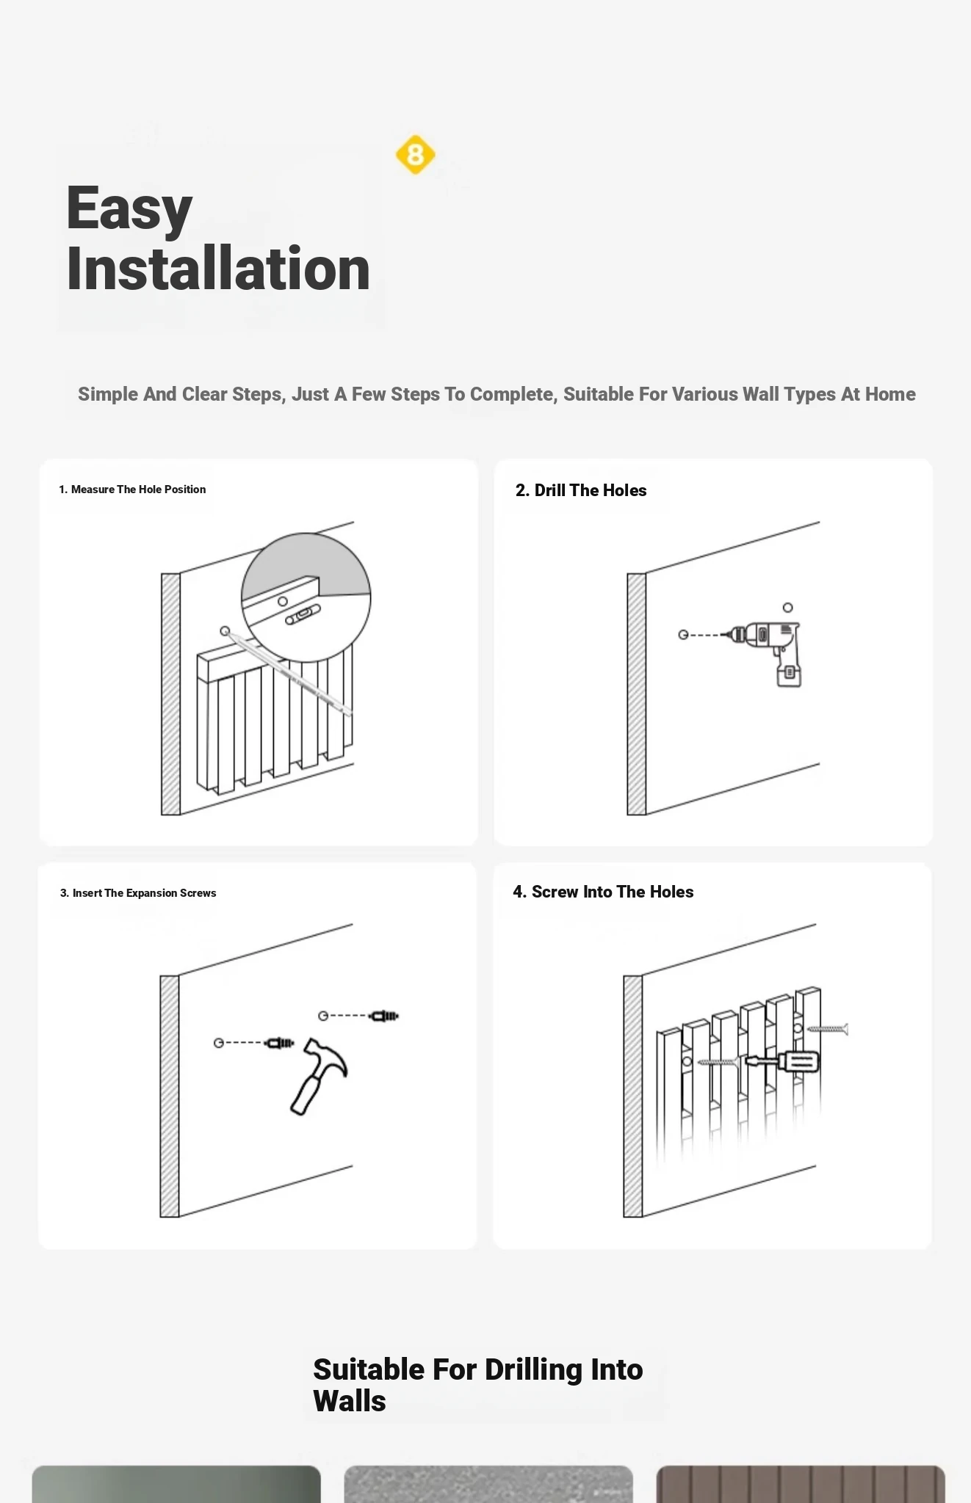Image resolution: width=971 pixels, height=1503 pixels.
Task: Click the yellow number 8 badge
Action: click(x=416, y=155)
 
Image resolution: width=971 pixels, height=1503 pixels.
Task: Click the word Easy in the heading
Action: click(x=129, y=209)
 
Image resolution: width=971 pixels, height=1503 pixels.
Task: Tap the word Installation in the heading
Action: click(x=218, y=269)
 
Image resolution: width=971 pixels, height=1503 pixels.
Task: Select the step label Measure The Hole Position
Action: click(x=132, y=490)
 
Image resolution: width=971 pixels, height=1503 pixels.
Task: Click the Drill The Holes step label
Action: click(x=581, y=490)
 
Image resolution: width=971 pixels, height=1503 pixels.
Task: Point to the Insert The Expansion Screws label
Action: click(x=138, y=893)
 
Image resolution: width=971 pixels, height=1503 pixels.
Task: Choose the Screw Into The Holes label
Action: click(x=603, y=892)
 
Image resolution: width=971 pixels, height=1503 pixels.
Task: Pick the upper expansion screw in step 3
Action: click(x=384, y=1016)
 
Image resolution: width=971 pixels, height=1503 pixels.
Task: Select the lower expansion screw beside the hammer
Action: click(x=280, y=1043)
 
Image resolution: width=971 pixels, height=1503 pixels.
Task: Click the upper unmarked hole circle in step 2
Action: click(x=787, y=608)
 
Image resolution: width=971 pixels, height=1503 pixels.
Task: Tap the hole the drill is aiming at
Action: click(x=683, y=635)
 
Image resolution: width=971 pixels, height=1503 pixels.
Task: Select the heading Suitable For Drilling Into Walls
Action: click(x=478, y=1385)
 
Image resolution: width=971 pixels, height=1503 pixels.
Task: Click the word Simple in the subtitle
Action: click(x=108, y=394)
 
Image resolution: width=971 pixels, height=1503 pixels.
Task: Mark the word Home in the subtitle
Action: click(x=890, y=394)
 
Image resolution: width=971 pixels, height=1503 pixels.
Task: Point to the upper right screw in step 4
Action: click(x=828, y=1029)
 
